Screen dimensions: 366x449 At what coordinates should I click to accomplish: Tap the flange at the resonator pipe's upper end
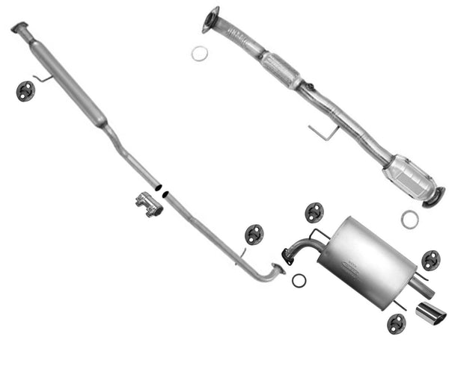(19, 28)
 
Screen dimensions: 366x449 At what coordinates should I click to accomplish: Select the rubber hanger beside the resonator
(25, 91)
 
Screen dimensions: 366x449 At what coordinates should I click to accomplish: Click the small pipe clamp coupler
(150, 204)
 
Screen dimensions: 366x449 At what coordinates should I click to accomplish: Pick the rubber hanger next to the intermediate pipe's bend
(254, 235)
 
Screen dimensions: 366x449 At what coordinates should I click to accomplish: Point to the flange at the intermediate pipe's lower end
(279, 269)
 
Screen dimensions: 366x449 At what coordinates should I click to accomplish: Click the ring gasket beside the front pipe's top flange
(200, 53)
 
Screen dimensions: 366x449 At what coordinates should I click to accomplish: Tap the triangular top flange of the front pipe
(211, 20)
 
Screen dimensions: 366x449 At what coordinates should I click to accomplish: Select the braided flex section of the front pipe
(281, 69)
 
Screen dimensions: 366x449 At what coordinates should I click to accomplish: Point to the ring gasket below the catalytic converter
(409, 219)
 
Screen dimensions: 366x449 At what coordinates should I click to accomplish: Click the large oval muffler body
(367, 261)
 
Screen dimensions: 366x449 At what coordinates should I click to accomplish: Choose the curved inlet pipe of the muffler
(299, 247)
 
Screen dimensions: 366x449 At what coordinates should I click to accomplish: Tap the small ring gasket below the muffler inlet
(299, 280)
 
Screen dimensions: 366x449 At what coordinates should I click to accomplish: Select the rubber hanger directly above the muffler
(314, 213)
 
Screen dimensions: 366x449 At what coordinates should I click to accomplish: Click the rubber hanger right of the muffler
(430, 260)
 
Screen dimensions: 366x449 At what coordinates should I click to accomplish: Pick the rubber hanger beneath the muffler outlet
(396, 323)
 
